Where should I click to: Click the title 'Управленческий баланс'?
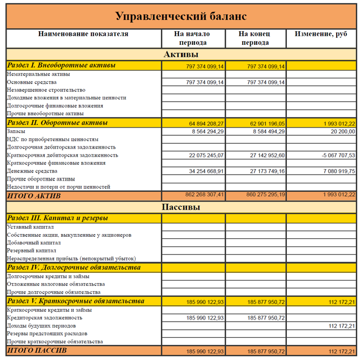180,16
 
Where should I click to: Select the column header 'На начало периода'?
192,38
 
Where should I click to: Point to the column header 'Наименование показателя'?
83,34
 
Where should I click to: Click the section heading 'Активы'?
180,55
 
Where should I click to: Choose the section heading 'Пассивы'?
180,207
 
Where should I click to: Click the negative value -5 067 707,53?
335,155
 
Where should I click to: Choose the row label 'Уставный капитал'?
30,227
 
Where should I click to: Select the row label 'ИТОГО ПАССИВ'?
37,351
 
